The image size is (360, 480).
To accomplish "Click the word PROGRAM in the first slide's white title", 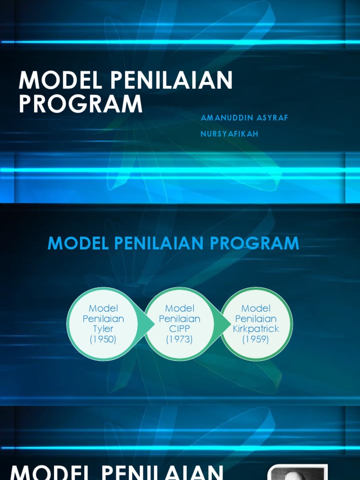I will pos(81,104).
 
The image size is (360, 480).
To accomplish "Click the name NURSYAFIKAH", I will pos(230,134).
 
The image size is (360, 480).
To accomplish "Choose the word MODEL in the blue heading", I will pos(77,243).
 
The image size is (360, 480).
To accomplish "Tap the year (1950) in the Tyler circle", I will pos(103,339).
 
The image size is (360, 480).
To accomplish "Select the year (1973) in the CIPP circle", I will pos(180,339).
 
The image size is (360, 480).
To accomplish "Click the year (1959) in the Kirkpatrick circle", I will pos(255,339).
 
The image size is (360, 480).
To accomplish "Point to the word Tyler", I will pos(103,329).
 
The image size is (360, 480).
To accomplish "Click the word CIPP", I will pos(180,329).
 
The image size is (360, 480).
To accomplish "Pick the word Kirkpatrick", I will pos(255,329).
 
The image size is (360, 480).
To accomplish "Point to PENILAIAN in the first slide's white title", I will pos(171,81).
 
